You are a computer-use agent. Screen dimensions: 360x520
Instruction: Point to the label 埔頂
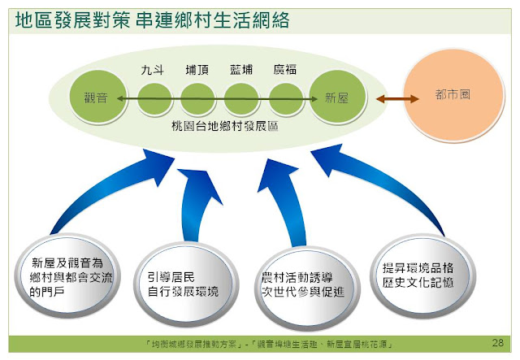(x=197, y=71)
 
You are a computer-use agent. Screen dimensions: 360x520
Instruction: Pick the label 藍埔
(x=241, y=71)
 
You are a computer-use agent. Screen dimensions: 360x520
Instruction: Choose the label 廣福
(x=285, y=71)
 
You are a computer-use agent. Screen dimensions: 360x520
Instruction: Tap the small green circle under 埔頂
(x=197, y=99)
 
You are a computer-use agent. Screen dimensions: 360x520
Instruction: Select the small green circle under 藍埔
(x=241, y=99)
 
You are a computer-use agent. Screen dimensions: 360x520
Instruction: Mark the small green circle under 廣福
(x=285, y=99)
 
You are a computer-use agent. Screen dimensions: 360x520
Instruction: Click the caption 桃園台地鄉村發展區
(x=219, y=128)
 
